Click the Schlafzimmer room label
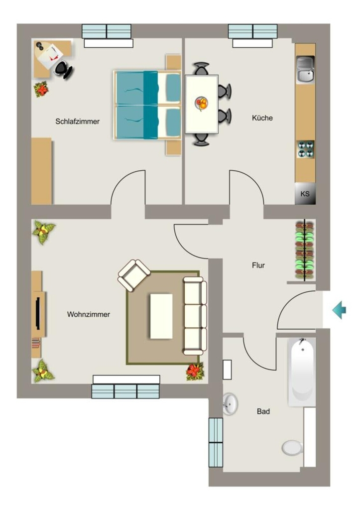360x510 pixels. (77, 122)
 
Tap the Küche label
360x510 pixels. (262, 118)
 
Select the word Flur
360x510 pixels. (258, 265)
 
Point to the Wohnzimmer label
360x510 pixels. (89, 314)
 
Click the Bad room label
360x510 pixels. (263, 411)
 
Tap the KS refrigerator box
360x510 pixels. (305, 194)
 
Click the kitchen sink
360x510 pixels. (305, 69)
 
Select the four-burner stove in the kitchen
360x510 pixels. (306, 149)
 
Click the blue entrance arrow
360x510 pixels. (339, 310)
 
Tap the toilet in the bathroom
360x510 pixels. (292, 448)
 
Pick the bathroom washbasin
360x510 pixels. (230, 404)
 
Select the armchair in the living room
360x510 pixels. (133, 275)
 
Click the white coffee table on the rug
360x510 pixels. (161, 316)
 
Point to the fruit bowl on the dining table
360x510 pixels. (202, 104)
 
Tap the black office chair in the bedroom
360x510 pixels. (63, 70)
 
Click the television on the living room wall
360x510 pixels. (38, 314)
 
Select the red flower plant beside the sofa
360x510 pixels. (195, 371)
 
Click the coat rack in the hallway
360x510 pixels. (305, 250)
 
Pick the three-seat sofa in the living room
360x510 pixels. (195, 316)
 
